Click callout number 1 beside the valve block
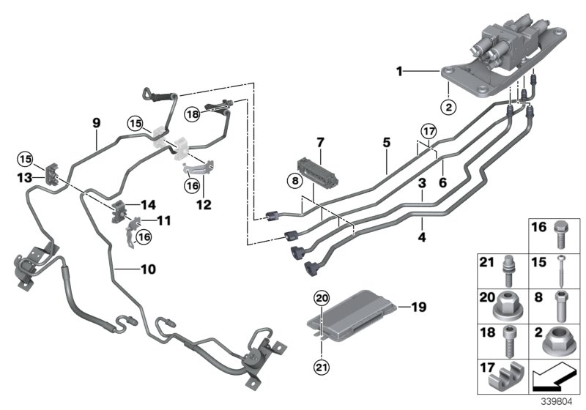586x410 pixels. pyautogui.click(x=399, y=72)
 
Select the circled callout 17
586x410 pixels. pyautogui.click(x=428, y=133)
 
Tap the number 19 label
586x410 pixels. pyautogui.click(x=418, y=307)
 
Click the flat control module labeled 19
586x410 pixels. pyautogui.click(x=363, y=314)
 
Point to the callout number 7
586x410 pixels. pyautogui.click(x=319, y=141)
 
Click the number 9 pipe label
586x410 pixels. pyautogui.click(x=95, y=124)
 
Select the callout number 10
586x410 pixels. pyautogui.click(x=147, y=269)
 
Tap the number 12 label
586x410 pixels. pyautogui.click(x=203, y=206)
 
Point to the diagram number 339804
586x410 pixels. pyautogui.click(x=560, y=400)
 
